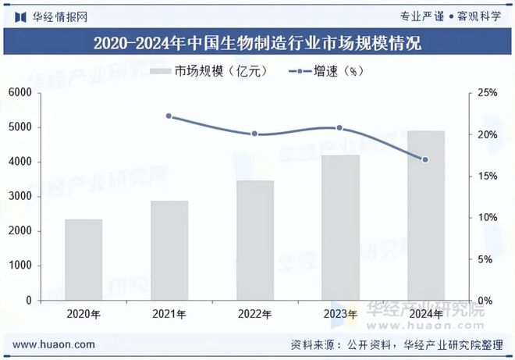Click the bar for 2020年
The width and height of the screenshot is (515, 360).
click(83, 259)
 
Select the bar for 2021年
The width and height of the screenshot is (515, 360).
click(169, 250)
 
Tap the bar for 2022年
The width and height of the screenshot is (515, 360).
click(254, 240)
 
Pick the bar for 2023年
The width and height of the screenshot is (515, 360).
click(340, 227)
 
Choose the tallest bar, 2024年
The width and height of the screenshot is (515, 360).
click(425, 215)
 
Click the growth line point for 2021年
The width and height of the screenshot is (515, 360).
click(169, 116)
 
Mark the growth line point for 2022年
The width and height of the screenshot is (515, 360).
click(254, 134)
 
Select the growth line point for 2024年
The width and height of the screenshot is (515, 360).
click(425, 160)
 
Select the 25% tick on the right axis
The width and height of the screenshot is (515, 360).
click(488, 93)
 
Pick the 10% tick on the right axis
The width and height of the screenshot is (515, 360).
click(488, 217)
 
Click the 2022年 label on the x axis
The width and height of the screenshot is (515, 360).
click(254, 315)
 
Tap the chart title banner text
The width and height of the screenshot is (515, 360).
click(257, 43)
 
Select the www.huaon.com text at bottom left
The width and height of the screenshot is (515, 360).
click(55, 344)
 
